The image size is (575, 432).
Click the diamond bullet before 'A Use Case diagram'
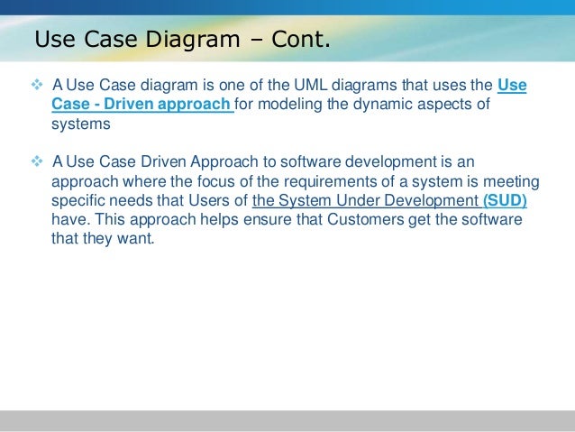[38, 86]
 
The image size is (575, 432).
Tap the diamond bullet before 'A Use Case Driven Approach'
[38, 161]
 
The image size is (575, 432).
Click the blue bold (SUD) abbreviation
[505, 201]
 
